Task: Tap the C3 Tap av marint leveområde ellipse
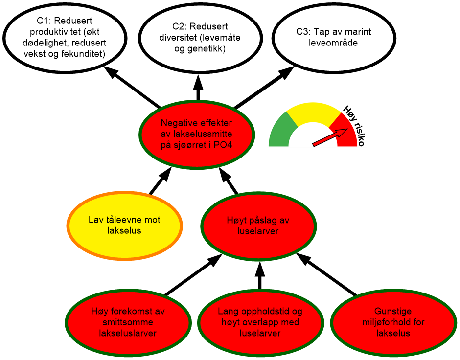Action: tap(333, 37)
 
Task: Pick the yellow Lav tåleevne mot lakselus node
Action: tap(124, 225)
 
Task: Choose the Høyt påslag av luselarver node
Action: tap(258, 225)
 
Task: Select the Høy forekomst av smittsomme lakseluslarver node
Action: tap(128, 322)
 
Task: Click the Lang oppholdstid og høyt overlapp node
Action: tap(260, 322)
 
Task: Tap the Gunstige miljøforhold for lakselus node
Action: tap(392, 322)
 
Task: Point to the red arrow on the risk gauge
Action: tap(330, 136)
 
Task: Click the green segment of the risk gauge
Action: tap(281, 130)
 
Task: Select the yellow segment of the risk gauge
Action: tap(313, 112)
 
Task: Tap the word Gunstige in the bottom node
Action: tap(393, 311)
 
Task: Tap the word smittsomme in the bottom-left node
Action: tap(128, 322)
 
